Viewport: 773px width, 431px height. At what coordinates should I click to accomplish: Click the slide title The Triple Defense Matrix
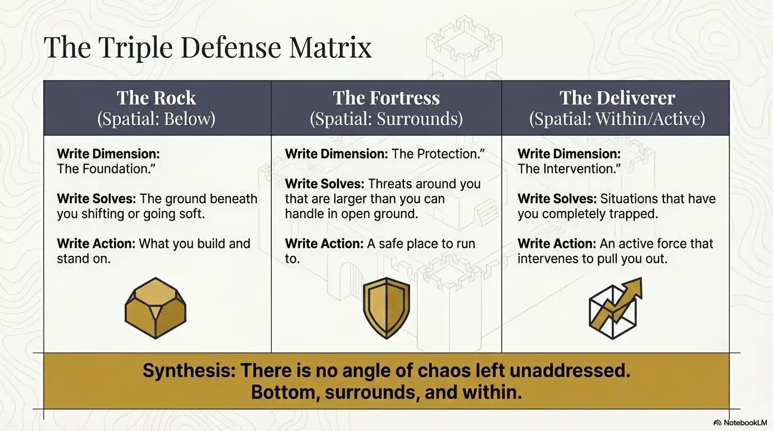(x=208, y=47)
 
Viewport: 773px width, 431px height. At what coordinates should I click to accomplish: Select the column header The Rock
(x=156, y=98)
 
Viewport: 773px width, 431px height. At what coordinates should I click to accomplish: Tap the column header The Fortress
(x=386, y=98)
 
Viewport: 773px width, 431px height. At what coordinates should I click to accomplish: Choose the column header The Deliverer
(x=617, y=98)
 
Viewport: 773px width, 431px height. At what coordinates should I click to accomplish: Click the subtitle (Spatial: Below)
(x=156, y=119)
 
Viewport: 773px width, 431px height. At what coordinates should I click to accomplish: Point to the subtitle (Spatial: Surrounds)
(x=386, y=119)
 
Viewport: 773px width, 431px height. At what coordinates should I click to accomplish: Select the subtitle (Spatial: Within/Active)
(x=617, y=119)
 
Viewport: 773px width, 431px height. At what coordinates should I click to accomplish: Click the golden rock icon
(x=155, y=308)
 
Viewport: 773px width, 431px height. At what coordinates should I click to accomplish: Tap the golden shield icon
(x=387, y=308)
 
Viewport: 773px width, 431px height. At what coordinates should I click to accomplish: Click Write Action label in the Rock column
(x=96, y=244)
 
